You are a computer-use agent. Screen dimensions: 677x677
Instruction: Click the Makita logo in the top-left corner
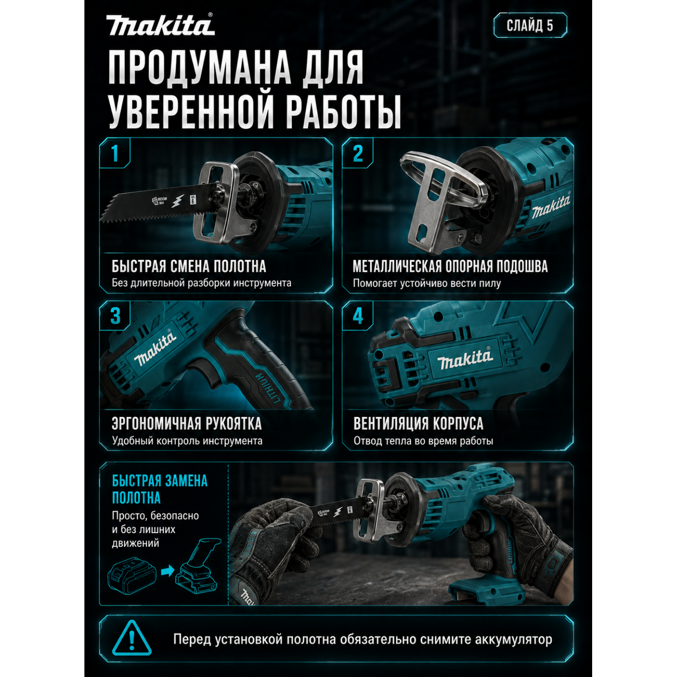160,25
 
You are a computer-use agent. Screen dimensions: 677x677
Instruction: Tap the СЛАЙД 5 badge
530,25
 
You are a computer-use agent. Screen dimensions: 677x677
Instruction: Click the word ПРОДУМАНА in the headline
200,68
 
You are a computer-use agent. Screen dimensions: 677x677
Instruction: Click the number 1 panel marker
115,153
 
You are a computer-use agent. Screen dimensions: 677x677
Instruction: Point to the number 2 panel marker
358,153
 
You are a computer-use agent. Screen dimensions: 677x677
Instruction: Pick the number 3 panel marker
116,316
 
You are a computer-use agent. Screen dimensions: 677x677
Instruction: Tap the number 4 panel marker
358,316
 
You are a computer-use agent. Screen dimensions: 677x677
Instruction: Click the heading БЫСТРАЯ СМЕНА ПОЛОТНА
189,266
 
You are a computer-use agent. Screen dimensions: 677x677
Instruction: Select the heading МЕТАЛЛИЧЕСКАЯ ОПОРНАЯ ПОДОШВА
450,266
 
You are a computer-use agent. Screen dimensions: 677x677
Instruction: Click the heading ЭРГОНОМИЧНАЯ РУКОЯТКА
187,424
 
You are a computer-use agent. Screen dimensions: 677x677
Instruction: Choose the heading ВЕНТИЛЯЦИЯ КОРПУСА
418,424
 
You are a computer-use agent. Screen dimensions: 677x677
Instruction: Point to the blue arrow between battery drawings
167,571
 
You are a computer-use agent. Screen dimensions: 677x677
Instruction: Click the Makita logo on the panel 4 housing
465,359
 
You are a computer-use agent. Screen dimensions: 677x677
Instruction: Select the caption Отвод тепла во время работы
423,441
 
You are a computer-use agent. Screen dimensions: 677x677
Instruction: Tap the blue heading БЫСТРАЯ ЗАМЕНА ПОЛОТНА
160,489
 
